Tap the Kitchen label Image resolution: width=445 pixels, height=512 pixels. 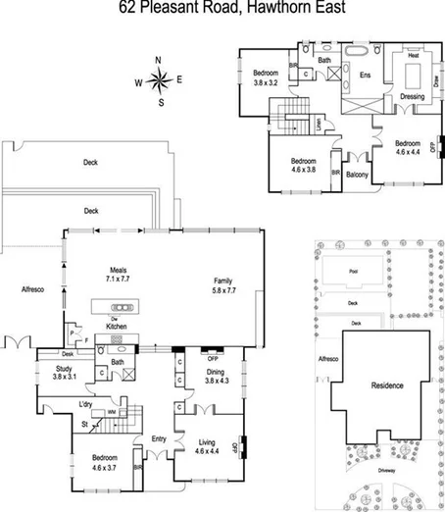tap(118, 327)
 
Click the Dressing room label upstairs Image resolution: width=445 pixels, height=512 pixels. tap(412, 96)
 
